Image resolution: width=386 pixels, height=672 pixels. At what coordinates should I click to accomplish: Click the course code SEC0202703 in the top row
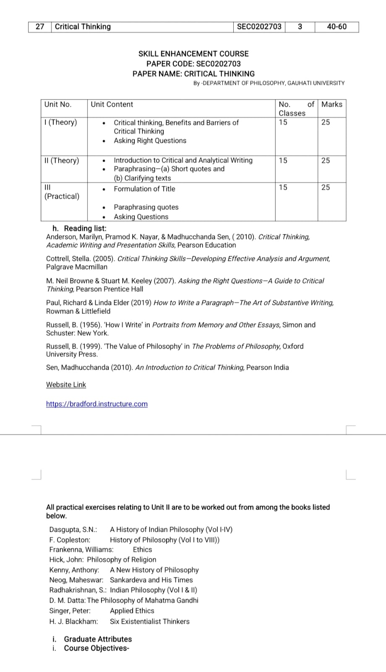click(x=259, y=27)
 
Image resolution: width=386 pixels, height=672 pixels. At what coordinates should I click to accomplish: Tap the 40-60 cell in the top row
click(x=336, y=27)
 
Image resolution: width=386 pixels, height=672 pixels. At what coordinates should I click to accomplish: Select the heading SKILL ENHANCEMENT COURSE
click(x=193, y=54)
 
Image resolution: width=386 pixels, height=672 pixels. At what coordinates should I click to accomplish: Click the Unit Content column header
click(x=112, y=105)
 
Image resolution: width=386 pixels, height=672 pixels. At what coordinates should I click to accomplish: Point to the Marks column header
click(x=331, y=105)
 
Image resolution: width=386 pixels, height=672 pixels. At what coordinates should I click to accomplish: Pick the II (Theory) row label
click(x=62, y=160)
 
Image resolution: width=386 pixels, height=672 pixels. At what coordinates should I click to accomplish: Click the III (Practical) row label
click(x=62, y=192)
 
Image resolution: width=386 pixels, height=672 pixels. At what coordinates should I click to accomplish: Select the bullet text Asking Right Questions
click(x=150, y=141)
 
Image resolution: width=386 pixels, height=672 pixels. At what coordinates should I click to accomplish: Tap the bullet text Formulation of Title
click(x=144, y=189)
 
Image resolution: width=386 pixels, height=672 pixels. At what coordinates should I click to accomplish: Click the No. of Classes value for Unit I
click(x=283, y=123)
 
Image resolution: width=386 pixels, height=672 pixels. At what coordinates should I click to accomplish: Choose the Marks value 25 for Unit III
click(x=326, y=187)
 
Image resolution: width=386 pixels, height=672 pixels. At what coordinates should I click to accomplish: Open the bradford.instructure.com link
click(x=97, y=404)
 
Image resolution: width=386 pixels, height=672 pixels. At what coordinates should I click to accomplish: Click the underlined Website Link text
click(x=66, y=385)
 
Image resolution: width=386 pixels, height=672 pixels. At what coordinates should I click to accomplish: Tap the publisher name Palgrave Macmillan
click(x=77, y=267)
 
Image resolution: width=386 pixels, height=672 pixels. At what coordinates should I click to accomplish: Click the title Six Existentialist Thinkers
click(x=150, y=622)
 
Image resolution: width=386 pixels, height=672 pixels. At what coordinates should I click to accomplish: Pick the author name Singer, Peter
click(x=70, y=611)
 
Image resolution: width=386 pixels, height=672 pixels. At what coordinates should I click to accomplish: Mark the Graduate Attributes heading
click(x=98, y=639)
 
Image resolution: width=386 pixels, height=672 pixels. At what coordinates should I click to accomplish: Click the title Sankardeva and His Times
click(x=151, y=580)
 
